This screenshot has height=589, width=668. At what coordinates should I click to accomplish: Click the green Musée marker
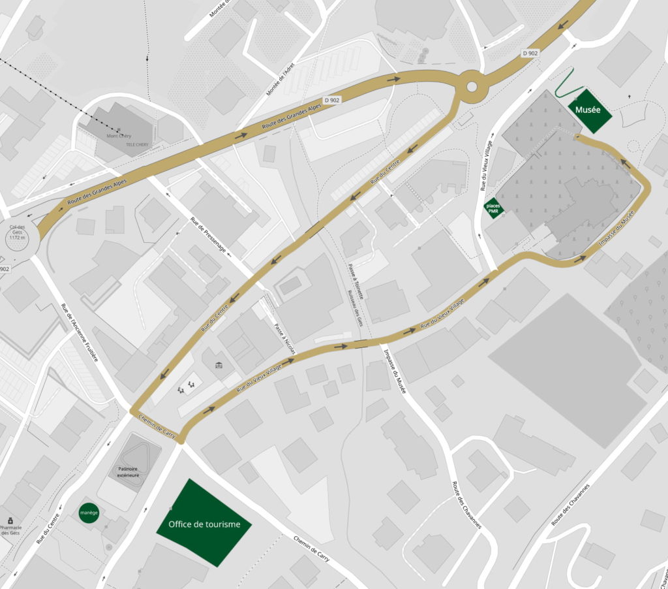(x=589, y=111)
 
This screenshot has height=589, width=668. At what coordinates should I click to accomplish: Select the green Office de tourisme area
(x=204, y=523)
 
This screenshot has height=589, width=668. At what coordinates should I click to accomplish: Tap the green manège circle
(x=89, y=513)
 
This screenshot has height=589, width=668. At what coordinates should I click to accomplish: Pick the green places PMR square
(x=493, y=208)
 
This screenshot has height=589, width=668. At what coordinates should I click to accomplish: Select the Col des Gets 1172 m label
(x=17, y=232)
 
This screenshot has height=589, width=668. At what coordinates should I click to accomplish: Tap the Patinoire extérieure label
(x=129, y=472)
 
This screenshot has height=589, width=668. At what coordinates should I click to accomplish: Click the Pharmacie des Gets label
(x=11, y=530)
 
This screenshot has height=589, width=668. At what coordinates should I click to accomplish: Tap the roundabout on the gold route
(x=472, y=86)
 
